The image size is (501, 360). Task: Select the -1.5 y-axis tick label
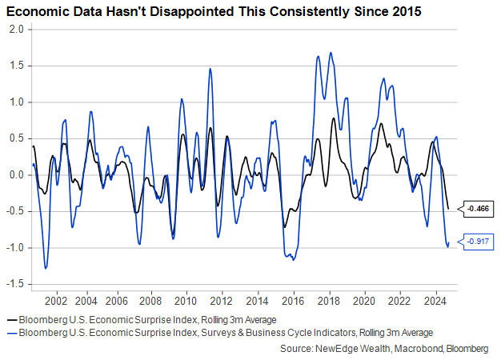(16, 284)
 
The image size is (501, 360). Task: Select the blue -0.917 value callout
(478, 241)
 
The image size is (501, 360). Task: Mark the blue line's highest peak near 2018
(331, 53)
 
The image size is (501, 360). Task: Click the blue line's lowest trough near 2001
(46, 268)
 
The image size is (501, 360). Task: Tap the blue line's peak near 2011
(210, 69)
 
